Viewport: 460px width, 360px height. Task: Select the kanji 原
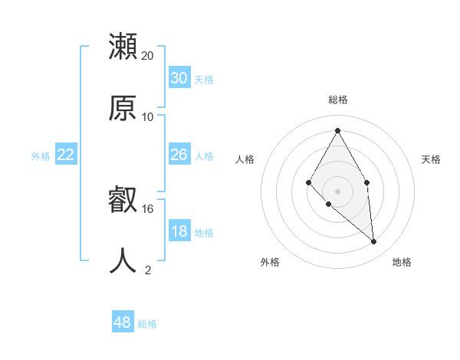[123, 108]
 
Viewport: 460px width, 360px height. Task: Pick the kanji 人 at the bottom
[123, 261]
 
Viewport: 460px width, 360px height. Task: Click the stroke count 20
[148, 56]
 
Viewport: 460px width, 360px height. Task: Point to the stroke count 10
[148, 117]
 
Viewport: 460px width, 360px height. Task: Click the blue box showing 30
[179, 78]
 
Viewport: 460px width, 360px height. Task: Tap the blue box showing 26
[179, 155]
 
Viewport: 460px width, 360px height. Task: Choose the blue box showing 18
[179, 231]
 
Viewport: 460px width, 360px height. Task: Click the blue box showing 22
[66, 155]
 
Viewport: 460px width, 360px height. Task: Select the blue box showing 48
[123, 322]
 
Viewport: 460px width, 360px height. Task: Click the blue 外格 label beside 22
[41, 156]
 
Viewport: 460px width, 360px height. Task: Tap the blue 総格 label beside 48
[147, 324]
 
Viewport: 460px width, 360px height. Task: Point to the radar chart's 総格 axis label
[338, 100]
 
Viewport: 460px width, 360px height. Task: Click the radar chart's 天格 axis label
[431, 159]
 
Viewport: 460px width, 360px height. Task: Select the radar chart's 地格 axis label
[402, 262]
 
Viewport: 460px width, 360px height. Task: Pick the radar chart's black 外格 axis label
[270, 262]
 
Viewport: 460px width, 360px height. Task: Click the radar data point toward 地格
[374, 242]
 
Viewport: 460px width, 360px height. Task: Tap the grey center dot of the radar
[338, 191]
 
